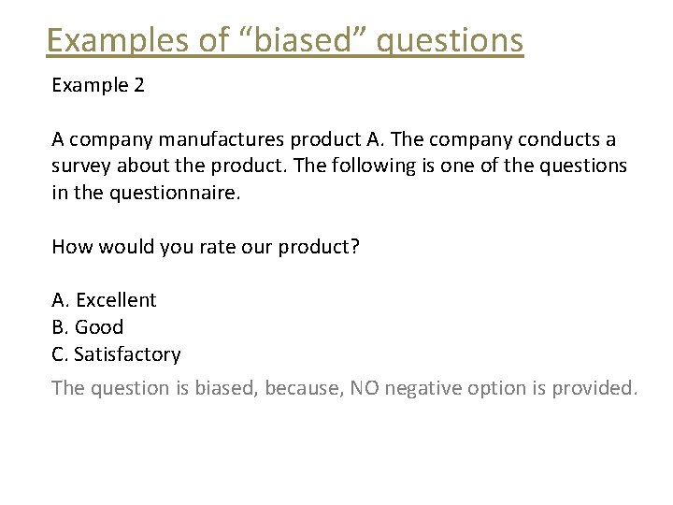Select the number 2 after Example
tap(138, 85)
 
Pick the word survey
tap(80, 166)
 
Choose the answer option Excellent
tap(116, 300)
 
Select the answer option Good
tap(99, 327)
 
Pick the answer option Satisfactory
tap(127, 354)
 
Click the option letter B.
tap(59, 327)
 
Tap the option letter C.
tap(59, 354)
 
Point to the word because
tap(303, 387)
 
